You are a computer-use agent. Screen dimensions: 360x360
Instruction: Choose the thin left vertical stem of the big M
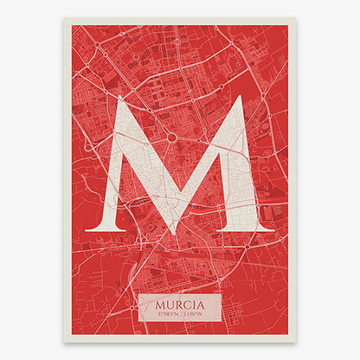point(112,173)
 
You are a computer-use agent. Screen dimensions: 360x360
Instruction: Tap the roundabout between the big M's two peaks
point(172,137)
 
